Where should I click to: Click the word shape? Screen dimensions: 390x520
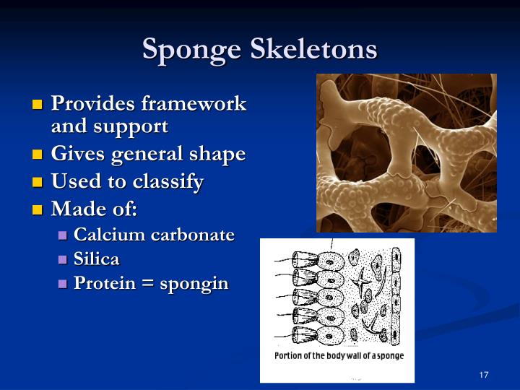[217, 154]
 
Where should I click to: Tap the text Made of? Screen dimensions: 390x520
[94, 209]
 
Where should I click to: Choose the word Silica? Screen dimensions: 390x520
[97, 259]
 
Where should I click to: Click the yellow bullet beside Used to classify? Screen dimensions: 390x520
[38, 183]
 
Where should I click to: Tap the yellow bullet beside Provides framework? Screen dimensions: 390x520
[38, 105]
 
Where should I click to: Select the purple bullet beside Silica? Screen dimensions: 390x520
[62, 259]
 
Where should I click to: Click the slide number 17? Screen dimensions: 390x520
[483, 375]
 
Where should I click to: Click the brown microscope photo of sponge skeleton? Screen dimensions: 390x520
[406, 152]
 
